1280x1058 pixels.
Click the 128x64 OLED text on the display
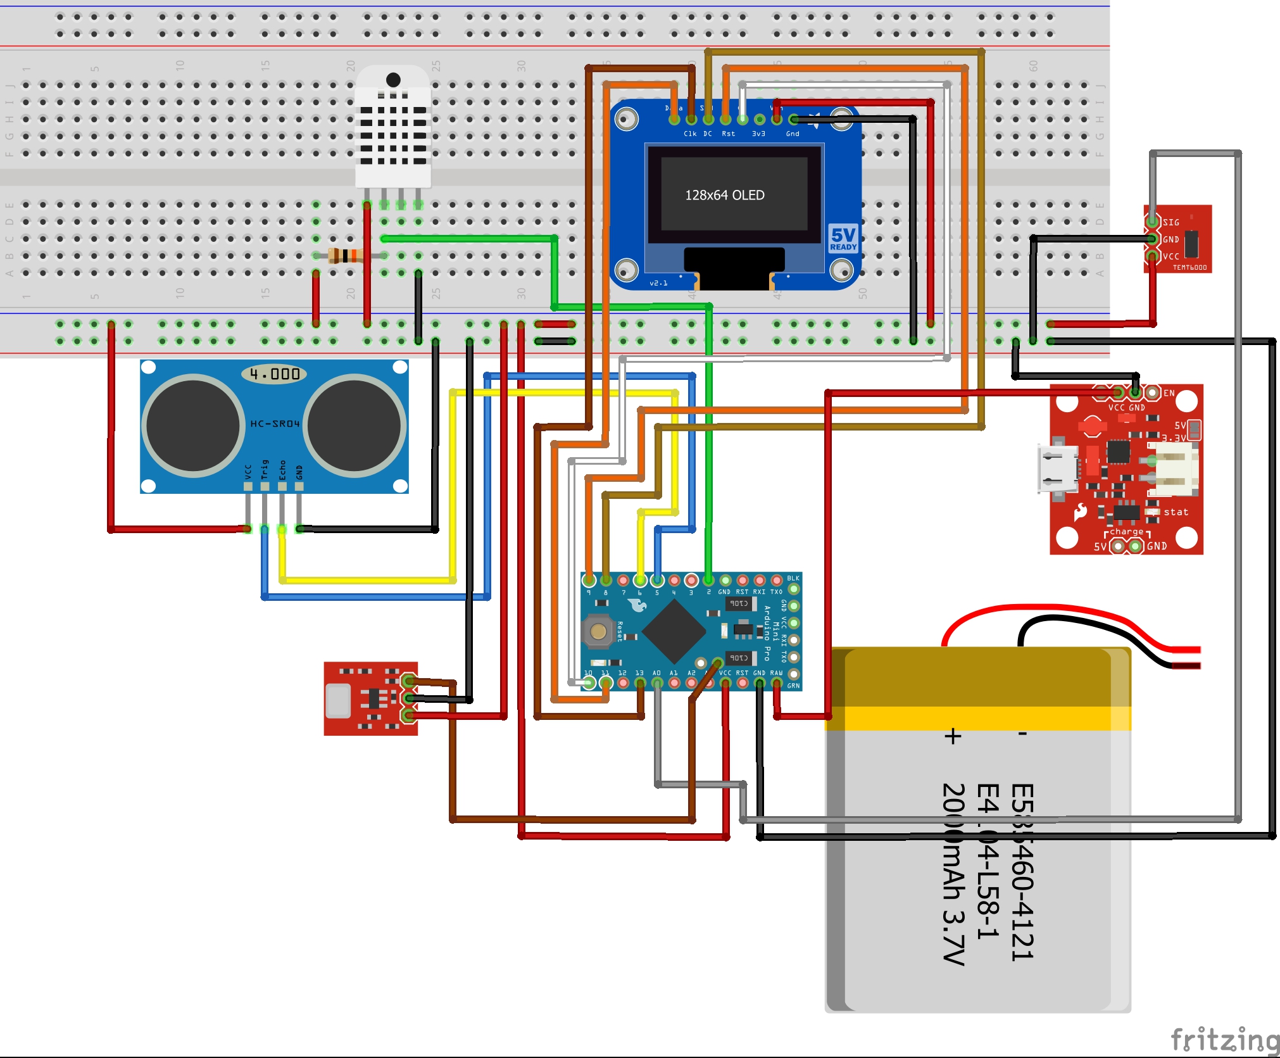pos(725,195)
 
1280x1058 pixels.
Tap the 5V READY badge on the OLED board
pos(843,239)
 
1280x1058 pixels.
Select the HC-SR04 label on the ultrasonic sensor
pos(274,424)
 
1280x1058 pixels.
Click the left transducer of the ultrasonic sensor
pos(192,425)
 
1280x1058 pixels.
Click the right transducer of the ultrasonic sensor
pos(355,425)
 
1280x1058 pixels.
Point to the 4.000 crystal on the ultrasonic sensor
pos(274,374)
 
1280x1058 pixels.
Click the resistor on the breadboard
pos(345,256)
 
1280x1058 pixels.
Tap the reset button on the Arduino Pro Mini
pos(598,631)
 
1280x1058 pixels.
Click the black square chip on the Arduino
pos(674,631)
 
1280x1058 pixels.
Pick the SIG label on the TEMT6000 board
pos(1171,222)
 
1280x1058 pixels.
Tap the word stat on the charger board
pos(1176,512)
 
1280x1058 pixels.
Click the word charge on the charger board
pos(1127,532)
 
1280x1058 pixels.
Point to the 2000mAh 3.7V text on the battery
pos(953,874)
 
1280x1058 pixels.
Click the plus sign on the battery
pos(953,736)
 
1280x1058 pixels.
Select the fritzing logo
pos(1225,1040)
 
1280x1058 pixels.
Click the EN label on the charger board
pos(1169,393)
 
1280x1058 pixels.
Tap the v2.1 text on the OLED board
pos(658,283)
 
